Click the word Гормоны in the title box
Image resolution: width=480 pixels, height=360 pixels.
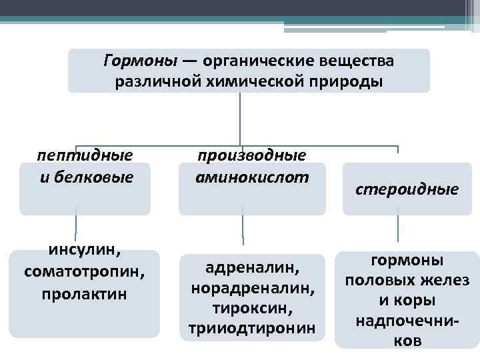[141, 61]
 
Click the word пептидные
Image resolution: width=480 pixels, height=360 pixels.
[85, 155]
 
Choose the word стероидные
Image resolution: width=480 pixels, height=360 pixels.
[407, 189]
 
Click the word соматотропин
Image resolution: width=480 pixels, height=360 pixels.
[84, 272]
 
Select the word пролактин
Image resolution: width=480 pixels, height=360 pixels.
[84, 293]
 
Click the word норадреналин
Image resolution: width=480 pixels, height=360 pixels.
[252, 289]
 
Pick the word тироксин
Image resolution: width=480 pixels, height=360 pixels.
[252, 309]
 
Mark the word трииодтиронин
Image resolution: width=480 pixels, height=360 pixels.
[252, 329]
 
